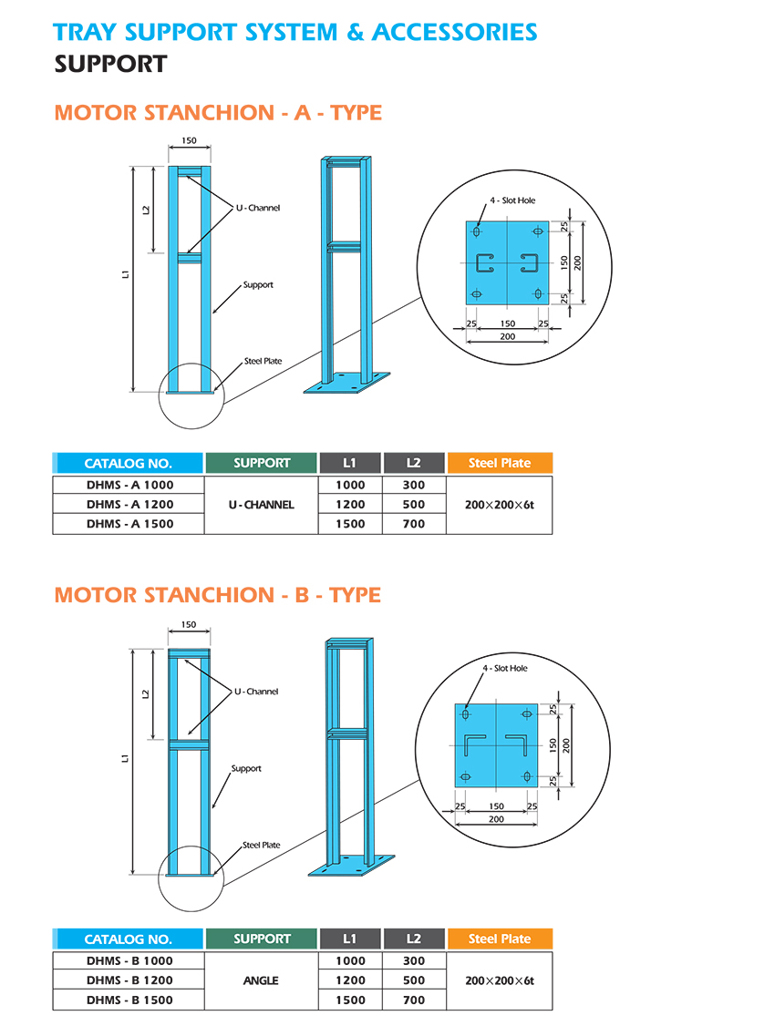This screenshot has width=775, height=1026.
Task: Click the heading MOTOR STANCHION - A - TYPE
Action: pyautogui.click(x=218, y=113)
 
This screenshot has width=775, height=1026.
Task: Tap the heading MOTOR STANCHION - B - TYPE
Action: pyautogui.click(x=217, y=595)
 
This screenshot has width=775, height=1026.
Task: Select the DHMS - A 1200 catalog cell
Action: pyautogui.click(x=129, y=504)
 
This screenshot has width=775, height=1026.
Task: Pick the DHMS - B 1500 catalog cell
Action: pyautogui.click(x=129, y=1000)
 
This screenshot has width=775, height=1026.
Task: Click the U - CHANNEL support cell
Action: pyautogui.click(x=262, y=504)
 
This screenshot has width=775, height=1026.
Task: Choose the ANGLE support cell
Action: pyautogui.click(x=262, y=980)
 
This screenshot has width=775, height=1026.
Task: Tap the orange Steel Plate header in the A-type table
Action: pyautogui.click(x=500, y=463)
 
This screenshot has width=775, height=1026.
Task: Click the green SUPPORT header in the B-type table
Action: pyautogui.click(x=262, y=939)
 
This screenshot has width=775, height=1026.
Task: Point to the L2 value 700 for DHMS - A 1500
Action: pyautogui.click(x=414, y=524)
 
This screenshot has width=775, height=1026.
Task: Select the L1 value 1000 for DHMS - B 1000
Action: pyautogui.click(x=350, y=960)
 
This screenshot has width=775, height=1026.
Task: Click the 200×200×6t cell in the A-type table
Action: pyautogui.click(x=500, y=504)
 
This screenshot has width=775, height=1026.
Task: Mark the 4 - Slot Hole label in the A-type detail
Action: pyautogui.click(x=512, y=200)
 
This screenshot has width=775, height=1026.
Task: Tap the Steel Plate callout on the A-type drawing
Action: pyautogui.click(x=263, y=362)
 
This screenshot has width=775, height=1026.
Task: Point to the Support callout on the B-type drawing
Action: pyautogui.click(x=246, y=769)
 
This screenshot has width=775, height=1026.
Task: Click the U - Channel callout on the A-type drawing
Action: pyautogui.click(x=258, y=209)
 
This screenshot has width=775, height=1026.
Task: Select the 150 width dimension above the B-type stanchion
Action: pyautogui.click(x=189, y=625)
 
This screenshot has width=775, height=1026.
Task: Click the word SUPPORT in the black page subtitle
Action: pyautogui.click(x=110, y=64)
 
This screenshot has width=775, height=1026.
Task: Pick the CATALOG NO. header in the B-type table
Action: pyautogui.click(x=128, y=939)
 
